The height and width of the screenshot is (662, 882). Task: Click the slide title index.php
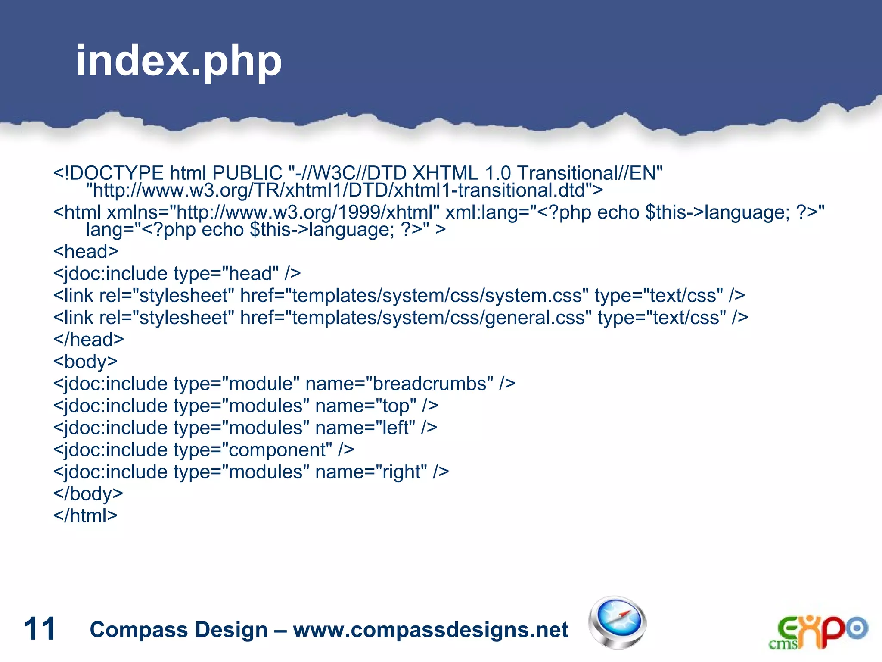(178, 61)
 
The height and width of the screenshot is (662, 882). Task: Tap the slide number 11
(40, 629)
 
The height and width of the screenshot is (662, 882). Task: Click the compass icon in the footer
(618, 622)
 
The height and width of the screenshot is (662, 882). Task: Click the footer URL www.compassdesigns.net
(430, 630)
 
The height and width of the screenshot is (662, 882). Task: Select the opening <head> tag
(86, 252)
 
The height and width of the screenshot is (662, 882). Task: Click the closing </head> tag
(88, 340)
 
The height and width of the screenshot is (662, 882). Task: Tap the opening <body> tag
(85, 362)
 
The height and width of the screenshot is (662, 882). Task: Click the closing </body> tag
(88, 493)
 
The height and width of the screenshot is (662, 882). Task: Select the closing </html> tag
(85, 515)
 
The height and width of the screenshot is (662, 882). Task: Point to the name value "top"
(396, 406)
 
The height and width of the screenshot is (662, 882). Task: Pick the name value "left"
(395, 428)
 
